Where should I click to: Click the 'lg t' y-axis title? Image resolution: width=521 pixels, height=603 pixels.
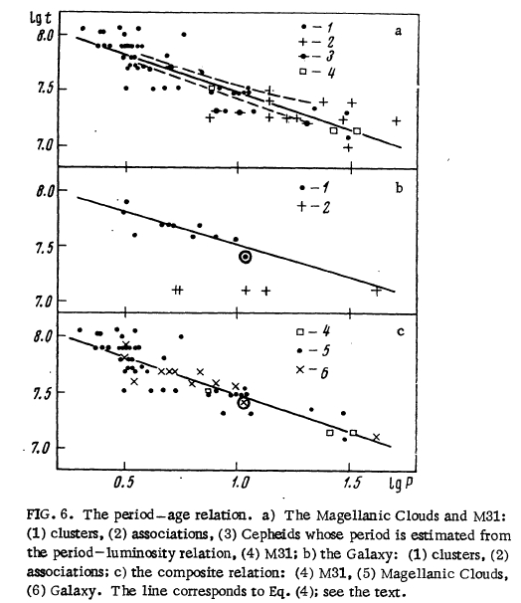click(41, 19)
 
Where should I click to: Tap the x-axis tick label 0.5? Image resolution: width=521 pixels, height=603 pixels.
click(124, 482)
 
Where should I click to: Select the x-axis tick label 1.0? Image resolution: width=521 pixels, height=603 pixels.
click(241, 482)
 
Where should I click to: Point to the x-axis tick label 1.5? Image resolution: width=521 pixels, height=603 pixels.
click(352, 482)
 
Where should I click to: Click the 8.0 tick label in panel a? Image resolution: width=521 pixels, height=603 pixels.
click(46, 36)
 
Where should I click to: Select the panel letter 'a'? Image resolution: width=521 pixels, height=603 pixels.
click(398, 31)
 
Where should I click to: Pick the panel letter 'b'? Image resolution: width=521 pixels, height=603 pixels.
click(400, 188)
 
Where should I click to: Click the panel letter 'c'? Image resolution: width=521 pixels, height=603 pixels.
click(401, 331)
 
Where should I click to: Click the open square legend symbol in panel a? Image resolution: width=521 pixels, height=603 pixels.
click(303, 71)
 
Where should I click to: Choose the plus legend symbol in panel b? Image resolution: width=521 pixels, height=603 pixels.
click(302, 207)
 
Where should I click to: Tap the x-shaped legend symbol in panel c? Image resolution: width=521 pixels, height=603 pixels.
click(300, 369)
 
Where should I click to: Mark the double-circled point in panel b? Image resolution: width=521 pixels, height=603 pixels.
click(246, 257)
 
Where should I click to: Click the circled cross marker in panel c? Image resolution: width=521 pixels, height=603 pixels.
click(244, 403)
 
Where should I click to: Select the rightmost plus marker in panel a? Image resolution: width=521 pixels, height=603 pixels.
click(396, 121)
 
